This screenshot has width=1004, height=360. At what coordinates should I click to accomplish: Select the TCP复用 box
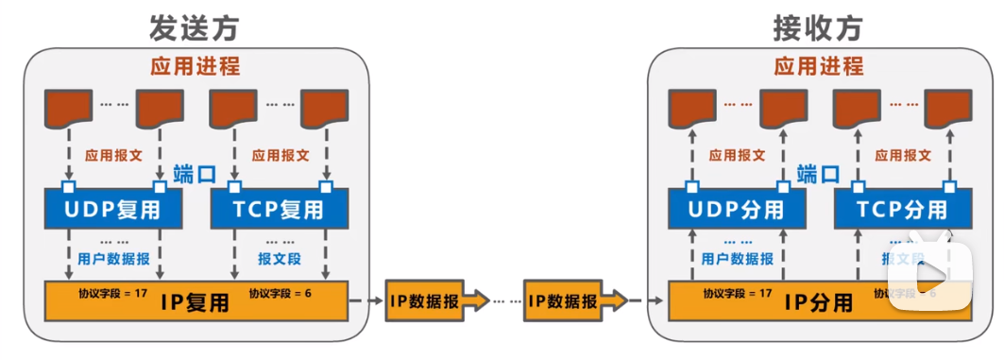pos(278,209)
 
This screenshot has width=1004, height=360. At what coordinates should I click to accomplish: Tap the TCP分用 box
pos(901,209)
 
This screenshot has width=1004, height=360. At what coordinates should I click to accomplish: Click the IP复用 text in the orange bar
pos(195,302)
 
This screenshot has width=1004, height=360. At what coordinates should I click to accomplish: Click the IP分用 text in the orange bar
pos(818,302)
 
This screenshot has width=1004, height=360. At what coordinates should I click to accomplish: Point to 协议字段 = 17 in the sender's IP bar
pos(113,293)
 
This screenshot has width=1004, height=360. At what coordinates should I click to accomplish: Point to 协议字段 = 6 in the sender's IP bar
pos(281,293)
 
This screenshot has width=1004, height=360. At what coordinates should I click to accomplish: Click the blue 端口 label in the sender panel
pos(196,174)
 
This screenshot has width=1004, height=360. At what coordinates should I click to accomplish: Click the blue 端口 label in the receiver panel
pos(818,174)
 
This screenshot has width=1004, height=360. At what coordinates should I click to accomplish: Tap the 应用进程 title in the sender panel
pos(196,67)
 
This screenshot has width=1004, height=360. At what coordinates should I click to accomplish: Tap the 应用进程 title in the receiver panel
pos(819,67)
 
